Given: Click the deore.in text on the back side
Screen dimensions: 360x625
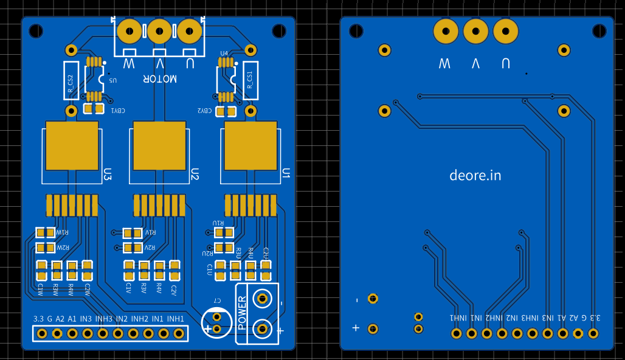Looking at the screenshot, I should [x=475, y=175].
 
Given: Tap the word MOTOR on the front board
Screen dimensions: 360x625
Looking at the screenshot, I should [x=160, y=78].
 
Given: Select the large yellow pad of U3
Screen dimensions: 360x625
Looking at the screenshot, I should [x=72, y=146].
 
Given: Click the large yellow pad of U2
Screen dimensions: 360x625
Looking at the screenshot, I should [x=159, y=146].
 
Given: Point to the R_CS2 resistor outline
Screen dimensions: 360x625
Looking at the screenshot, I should [x=71, y=80].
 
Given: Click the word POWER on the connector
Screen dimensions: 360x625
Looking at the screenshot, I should [x=242, y=313].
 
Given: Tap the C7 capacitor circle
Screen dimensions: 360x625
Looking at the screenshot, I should [x=217, y=320].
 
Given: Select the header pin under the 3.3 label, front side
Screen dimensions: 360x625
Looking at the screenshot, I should [x=42, y=333].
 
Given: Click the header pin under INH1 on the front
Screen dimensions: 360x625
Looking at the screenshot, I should [x=179, y=333].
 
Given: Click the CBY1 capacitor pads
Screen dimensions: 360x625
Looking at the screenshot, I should [x=93, y=109].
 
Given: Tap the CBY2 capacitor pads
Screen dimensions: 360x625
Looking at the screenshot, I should [x=226, y=111].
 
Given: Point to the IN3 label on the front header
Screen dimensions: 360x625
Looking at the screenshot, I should [x=86, y=319].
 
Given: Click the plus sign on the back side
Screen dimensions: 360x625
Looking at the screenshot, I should [x=356, y=328].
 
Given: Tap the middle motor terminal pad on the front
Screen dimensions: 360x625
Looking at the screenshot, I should [x=159, y=30].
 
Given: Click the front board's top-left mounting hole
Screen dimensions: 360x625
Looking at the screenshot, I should [x=36, y=30].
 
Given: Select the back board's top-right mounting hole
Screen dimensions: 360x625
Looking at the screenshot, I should [x=599, y=30].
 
